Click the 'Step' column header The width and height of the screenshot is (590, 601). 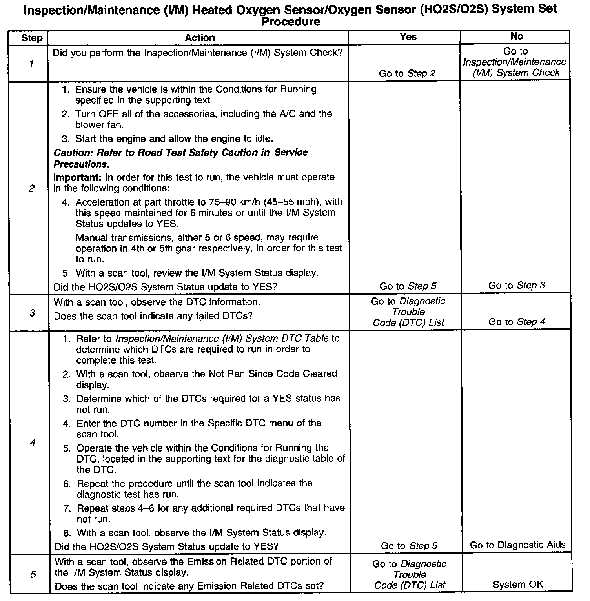click(32, 38)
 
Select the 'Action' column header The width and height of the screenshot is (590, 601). click(200, 38)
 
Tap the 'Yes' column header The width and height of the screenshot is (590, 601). click(408, 37)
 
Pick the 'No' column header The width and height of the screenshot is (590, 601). click(517, 36)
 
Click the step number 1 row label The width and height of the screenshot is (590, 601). click(31, 64)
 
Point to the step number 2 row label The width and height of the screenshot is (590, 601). click(31, 188)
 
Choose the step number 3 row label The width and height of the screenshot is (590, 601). click(32, 313)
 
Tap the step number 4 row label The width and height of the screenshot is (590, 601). click(32, 443)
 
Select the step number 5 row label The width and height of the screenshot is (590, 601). click(33, 574)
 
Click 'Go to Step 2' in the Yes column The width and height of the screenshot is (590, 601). click(407, 73)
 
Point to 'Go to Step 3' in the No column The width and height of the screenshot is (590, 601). click(517, 286)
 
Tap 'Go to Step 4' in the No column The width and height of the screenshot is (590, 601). click(517, 322)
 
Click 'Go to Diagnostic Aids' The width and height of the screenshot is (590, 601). click(517, 545)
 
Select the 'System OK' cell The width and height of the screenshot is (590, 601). click(518, 585)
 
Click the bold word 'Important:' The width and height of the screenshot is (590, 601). click(77, 177)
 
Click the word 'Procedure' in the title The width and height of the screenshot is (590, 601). click(291, 22)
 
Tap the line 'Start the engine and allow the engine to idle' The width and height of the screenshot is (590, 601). click(174, 139)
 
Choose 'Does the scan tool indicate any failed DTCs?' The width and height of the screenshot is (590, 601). click(153, 316)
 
